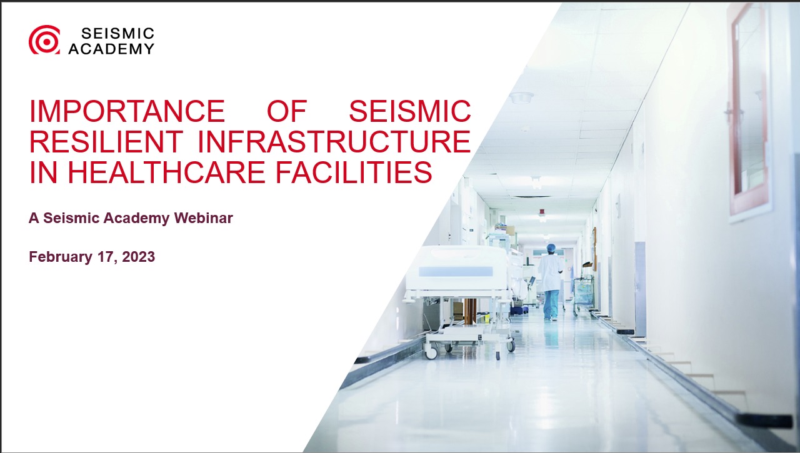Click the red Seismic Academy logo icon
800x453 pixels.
click(44, 39)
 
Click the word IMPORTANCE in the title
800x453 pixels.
click(127, 111)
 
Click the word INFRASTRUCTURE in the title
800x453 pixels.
click(334, 142)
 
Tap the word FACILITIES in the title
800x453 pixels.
click(370, 172)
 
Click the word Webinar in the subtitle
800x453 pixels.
click(203, 219)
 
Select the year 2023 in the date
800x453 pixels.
click(135, 257)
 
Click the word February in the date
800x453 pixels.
click(61, 257)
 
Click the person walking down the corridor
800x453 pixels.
click(551, 281)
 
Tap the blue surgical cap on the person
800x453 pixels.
click(551, 248)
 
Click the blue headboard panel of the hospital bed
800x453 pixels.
click(456, 271)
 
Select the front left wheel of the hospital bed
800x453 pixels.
click(431, 353)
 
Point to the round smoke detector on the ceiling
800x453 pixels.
click(521, 97)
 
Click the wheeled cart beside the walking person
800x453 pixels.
click(584, 291)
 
